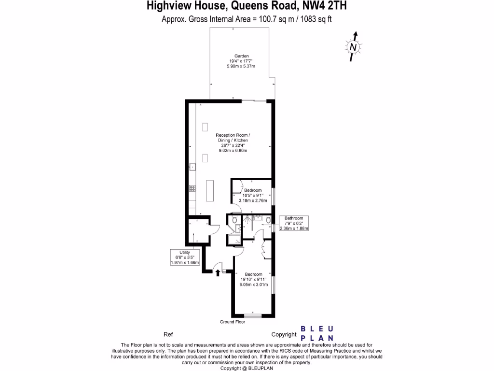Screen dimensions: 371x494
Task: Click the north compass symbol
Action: coord(354,46)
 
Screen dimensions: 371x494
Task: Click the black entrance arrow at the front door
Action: coord(218,273)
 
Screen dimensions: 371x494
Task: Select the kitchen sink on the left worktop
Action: coord(192,167)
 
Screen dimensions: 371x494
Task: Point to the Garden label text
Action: coord(241,56)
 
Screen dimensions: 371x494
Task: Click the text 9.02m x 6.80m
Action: coord(233,151)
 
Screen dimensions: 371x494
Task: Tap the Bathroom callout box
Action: coord(293,223)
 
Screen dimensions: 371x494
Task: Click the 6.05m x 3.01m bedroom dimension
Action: coord(253,284)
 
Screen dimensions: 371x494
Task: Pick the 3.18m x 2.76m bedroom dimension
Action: coord(252,200)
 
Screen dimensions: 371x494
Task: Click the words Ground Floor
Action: coord(233,322)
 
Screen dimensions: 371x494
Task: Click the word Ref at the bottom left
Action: coord(168,334)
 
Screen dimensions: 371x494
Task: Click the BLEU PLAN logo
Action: coord(316,333)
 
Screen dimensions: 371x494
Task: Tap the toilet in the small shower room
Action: coord(234,220)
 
